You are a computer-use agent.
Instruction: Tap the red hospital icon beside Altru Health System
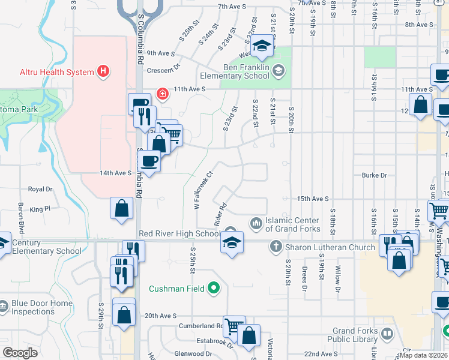coord(104,72)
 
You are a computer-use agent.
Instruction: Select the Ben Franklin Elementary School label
coord(247,72)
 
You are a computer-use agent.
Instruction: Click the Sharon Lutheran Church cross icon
coord(276,247)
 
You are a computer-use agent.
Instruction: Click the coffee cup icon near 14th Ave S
coord(149,161)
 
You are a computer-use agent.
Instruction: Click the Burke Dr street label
coord(374,175)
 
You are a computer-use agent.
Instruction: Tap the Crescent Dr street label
coord(167,68)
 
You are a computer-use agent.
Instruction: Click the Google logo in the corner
coord(20,353)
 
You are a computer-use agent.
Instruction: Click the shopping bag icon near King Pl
coord(121,209)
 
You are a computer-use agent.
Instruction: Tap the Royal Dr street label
coord(41,189)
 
